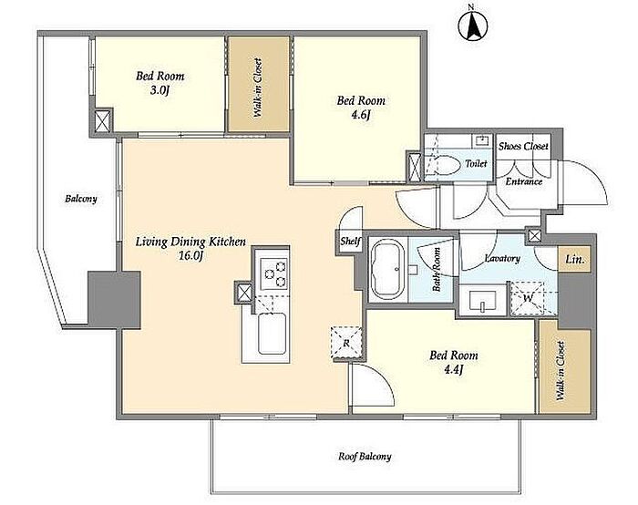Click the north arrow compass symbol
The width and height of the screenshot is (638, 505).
tap(473, 26)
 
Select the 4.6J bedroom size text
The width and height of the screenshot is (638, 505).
tap(361, 115)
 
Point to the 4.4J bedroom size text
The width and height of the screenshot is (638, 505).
tap(453, 370)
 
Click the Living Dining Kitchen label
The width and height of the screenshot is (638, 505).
tap(190, 242)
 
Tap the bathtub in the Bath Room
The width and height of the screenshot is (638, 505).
tap(386, 269)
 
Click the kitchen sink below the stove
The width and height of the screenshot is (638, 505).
tap(272, 333)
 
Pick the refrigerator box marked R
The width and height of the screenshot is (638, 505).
tap(346, 343)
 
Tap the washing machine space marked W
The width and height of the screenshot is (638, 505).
tap(528, 298)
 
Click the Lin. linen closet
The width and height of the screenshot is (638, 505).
tap(574, 259)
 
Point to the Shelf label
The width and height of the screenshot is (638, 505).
tap(350, 242)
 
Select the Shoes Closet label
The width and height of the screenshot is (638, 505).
tap(523, 146)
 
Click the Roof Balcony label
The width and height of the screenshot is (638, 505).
tap(365, 456)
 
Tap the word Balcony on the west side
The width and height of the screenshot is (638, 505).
tap(81, 199)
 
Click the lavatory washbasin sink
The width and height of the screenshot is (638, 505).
tap(482, 301)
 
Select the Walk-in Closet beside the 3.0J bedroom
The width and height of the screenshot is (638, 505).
tap(258, 84)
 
